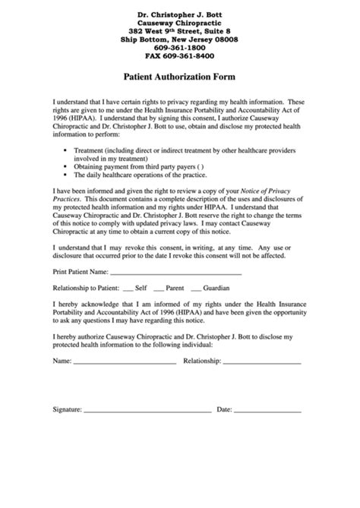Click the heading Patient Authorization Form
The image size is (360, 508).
tap(179, 77)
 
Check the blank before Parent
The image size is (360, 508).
tap(158, 289)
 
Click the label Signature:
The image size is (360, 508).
tap(67, 409)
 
